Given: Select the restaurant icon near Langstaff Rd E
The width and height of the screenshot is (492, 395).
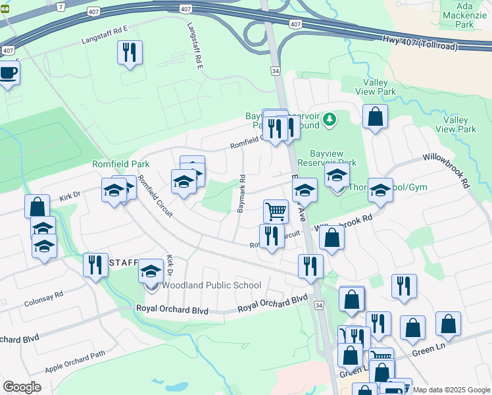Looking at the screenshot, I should point(130,52).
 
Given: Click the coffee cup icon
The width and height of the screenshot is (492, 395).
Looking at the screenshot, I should point(8,72).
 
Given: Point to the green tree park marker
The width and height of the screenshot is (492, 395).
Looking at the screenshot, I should point(330,120).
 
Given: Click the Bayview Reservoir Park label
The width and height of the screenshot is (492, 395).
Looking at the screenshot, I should point(326,157).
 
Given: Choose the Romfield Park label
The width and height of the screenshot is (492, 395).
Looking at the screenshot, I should point(120,164).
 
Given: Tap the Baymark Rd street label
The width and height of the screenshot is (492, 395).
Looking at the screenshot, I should point(241,194).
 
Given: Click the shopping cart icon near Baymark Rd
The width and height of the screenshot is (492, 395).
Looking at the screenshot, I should point(276,211).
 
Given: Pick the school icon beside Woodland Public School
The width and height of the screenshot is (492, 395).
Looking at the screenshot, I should point(150,271).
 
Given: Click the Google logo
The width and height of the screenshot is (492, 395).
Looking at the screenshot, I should point(22,387).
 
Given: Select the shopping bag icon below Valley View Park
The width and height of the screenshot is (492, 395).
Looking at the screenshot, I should point(374,117).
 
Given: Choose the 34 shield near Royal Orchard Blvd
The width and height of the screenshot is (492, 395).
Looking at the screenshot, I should point(319,305).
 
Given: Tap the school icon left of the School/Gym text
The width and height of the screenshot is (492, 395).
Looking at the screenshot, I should point(380,190).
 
